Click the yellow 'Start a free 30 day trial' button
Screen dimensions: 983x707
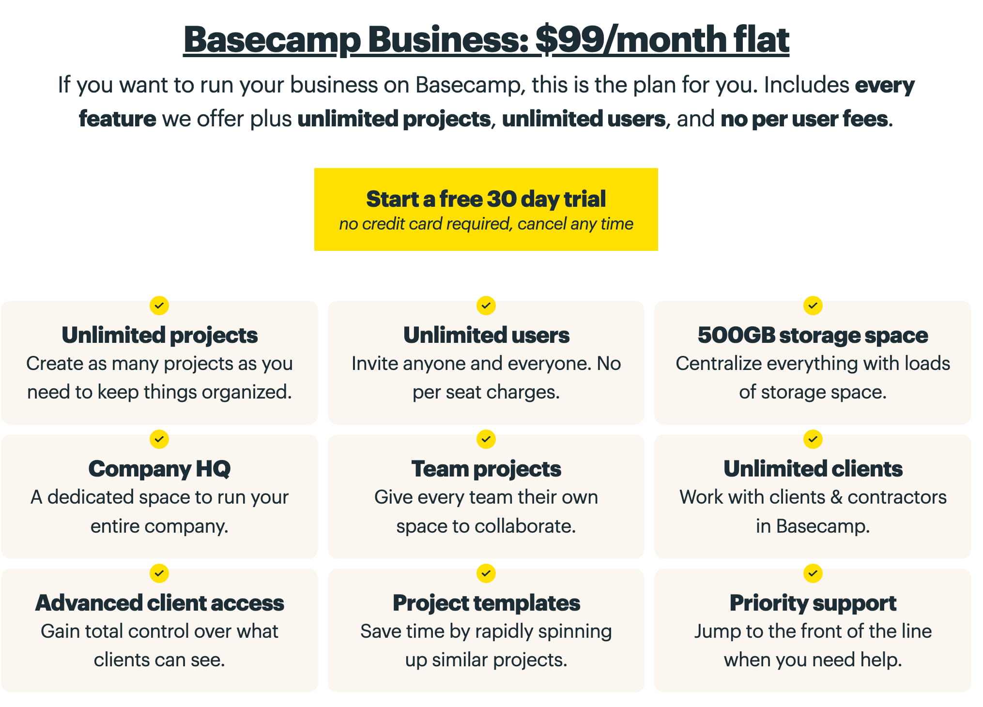[486, 209]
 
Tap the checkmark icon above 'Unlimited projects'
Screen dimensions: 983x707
[159, 306]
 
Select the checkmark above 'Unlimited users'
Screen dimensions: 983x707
[486, 306]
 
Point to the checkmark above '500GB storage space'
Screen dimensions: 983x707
[813, 306]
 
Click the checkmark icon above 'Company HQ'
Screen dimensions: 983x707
[159, 439]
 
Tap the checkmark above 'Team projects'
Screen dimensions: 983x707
[486, 439]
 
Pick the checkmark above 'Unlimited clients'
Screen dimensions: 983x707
[813, 439]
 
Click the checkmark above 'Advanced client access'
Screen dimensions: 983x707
[159, 573]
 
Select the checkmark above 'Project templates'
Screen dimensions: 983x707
[486, 573]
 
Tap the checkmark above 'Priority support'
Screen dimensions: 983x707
[813, 573]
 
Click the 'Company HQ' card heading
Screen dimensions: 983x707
[159, 469]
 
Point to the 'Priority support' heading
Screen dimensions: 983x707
[813, 603]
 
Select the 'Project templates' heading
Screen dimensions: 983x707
[486, 603]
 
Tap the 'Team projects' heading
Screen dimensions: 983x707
[486, 469]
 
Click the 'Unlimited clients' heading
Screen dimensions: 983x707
[813, 469]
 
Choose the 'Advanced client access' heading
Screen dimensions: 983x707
[159, 603]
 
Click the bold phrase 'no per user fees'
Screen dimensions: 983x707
[804, 119]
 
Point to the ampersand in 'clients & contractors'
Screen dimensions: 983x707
[836, 497]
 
